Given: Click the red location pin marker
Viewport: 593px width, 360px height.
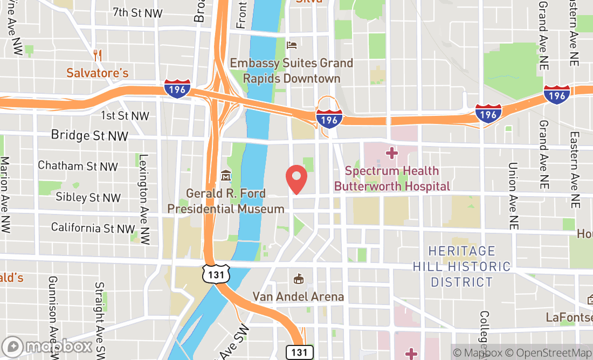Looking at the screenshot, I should point(296,179).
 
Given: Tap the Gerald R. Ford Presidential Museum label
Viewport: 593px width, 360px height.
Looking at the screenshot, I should point(226,201).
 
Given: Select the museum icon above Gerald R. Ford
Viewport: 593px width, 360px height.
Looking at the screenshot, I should point(226,176).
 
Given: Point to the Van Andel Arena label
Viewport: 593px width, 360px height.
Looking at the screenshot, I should point(298,297).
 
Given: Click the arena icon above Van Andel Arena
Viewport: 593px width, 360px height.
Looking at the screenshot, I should point(298,279).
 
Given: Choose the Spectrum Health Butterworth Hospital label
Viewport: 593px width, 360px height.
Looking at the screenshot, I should point(392,179).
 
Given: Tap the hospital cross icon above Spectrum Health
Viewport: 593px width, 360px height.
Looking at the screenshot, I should point(392,154).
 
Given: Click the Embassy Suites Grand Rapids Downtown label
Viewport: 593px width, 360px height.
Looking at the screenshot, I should point(292,71).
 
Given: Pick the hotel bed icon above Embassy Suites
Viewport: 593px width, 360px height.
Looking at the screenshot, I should point(292,45).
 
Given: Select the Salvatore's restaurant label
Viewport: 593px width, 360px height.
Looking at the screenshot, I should point(98,72).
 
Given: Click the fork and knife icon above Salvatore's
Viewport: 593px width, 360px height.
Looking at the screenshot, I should point(98,54).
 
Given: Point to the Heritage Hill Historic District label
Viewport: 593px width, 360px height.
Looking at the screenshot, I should point(461,266).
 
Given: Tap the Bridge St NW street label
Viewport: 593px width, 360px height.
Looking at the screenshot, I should point(89,135).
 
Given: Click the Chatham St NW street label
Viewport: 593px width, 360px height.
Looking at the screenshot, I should point(78,166).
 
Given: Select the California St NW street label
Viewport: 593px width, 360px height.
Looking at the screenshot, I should point(93,228).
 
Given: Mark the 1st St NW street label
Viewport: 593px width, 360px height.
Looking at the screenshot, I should point(125,115).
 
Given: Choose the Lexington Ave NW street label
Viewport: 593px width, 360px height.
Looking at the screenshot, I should point(143,199).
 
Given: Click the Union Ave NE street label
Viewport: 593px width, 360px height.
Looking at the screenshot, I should point(513,196).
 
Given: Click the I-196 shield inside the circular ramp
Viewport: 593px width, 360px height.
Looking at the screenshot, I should point(329,119).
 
